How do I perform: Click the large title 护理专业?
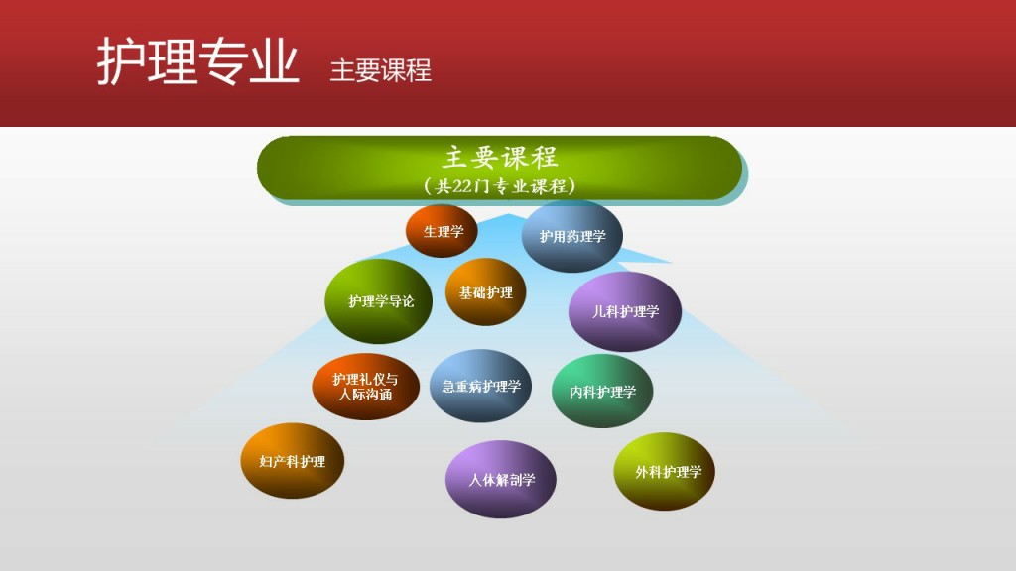point(197,60)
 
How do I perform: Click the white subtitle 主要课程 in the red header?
point(380,70)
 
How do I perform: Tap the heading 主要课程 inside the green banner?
point(500,157)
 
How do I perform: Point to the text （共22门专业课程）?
point(500,186)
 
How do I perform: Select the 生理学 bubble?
point(442,231)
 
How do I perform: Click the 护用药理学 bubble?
point(572,236)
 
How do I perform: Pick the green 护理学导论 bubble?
point(379,301)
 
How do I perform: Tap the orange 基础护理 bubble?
point(485,292)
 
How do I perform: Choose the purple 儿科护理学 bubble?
point(625,311)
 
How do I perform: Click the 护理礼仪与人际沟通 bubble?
point(365,387)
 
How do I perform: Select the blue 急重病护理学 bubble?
point(481,386)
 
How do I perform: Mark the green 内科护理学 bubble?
point(602,391)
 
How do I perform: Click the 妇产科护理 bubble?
point(293,461)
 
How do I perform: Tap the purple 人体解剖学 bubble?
point(501,479)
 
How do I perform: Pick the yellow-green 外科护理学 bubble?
point(665,471)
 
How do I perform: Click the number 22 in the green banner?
point(462,187)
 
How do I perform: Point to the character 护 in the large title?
point(120,61)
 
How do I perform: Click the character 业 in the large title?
point(276,60)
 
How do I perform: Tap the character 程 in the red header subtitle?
point(420,70)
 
